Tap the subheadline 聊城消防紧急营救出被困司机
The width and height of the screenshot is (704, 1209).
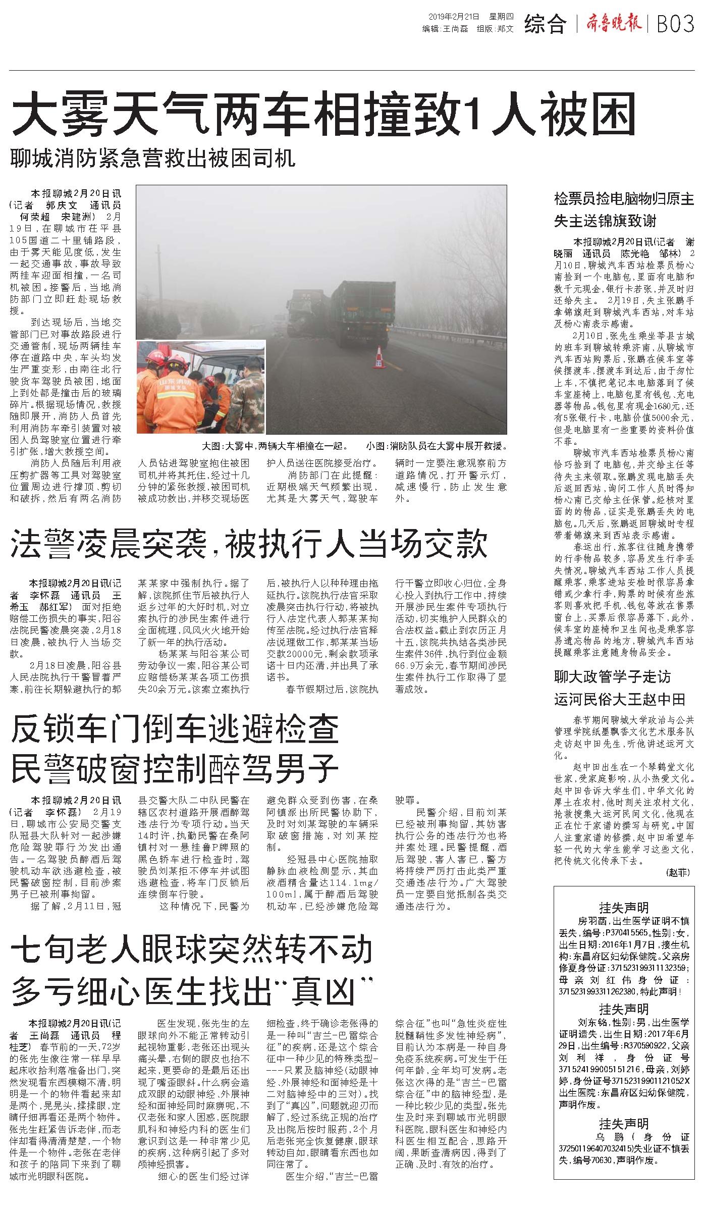coord(153,158)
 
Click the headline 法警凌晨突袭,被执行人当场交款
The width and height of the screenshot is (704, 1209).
coord(249,543)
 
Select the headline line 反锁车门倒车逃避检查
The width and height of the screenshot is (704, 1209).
coord(174,730)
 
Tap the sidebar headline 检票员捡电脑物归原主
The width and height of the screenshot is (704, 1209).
coord(624,198)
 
